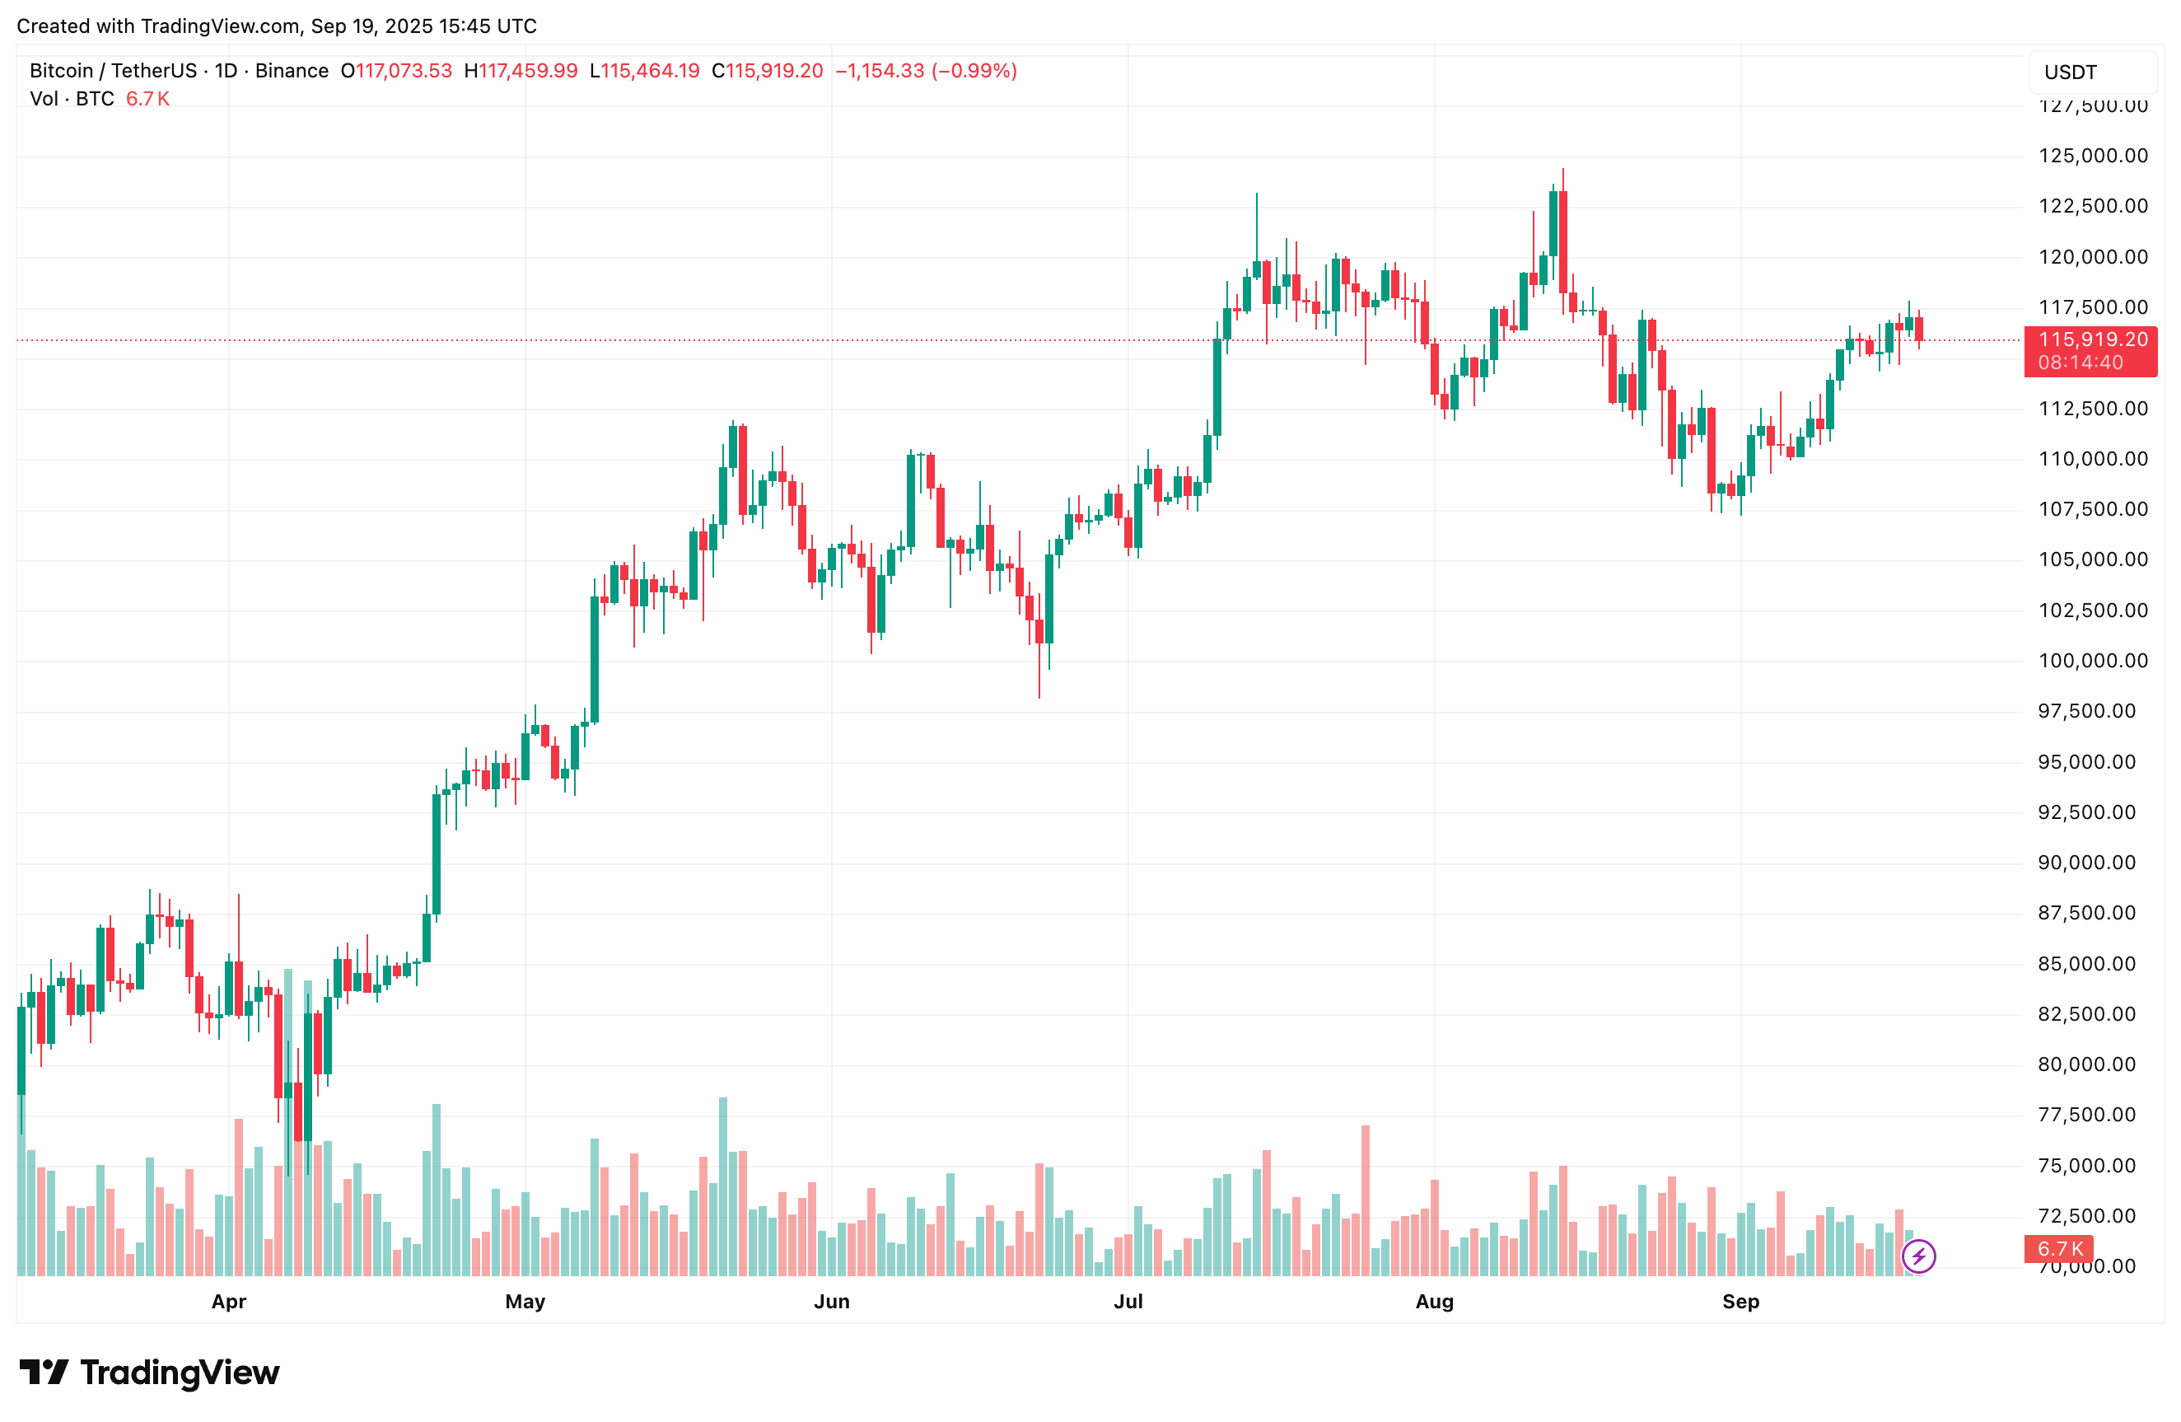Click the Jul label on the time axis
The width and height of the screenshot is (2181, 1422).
coord(1128,1301)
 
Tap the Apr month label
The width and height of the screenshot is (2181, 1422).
coord(228,1301)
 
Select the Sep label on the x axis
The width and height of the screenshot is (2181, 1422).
coord(1740,1301)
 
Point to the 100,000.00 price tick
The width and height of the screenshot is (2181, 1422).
coord(2092,660)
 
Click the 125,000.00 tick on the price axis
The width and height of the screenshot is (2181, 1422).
coord(2092,156)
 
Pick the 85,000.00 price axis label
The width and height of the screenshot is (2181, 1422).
coord(2092,964)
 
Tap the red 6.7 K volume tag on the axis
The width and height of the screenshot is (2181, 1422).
coord(2059,1249)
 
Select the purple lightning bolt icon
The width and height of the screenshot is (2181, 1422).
coord(1918,1255)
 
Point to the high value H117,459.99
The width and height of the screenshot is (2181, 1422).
coord(521,71)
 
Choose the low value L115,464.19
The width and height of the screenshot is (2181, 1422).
coord(644,71)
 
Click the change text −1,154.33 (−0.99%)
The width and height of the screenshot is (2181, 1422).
coord(926,71)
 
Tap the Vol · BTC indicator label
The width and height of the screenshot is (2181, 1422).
coord(72,99)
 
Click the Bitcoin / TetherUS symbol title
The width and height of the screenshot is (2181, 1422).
coord(113,71)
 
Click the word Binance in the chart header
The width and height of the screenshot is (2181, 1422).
coord(292,71)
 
